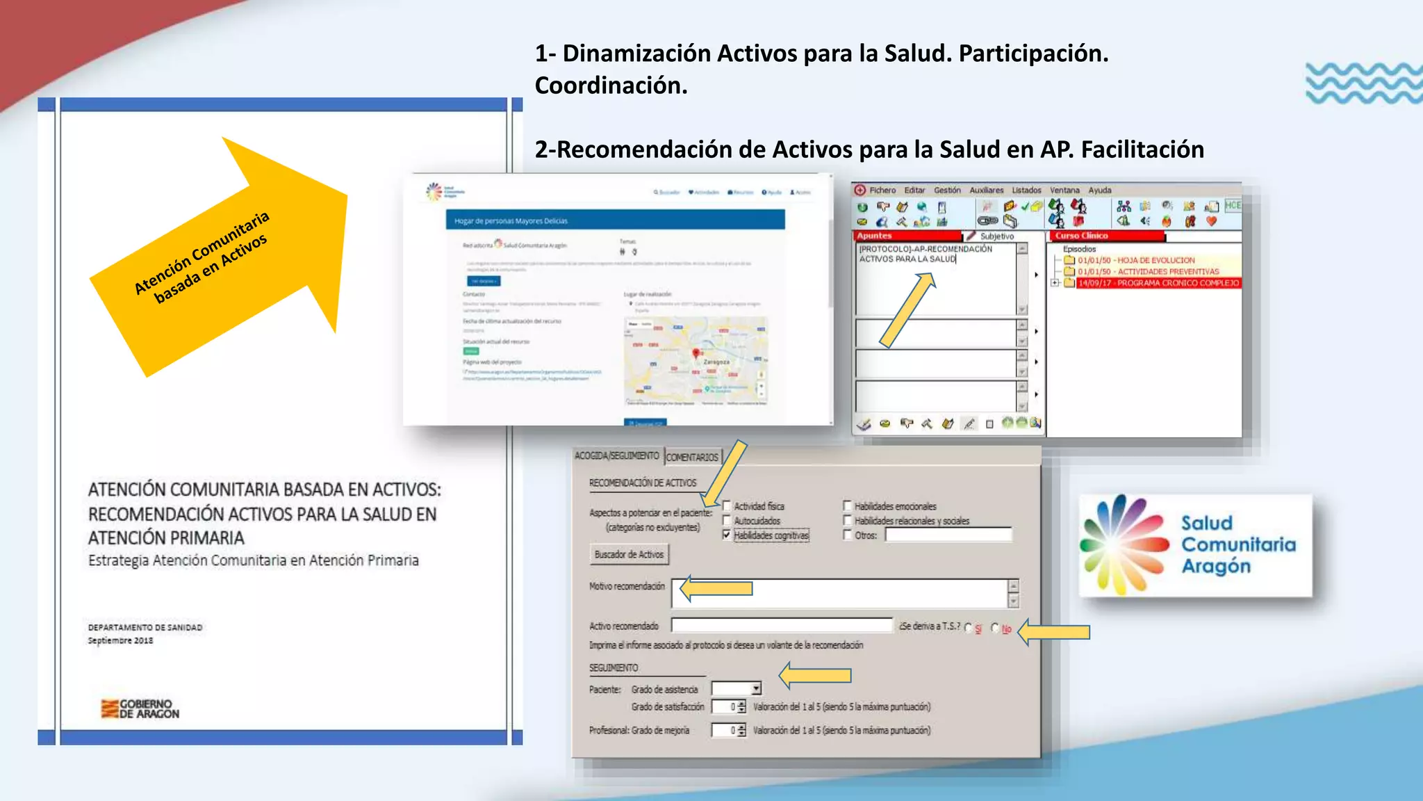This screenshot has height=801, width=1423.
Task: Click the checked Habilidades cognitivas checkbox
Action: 727,535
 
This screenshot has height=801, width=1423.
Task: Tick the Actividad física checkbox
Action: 727,505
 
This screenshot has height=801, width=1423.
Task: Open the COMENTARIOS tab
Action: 692,457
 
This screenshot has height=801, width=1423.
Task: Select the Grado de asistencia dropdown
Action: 737,688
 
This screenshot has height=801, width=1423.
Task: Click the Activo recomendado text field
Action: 782,626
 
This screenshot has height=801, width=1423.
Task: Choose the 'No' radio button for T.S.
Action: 995,628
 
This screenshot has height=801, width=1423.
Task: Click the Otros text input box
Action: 948,535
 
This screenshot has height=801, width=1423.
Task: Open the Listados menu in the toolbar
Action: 1026,190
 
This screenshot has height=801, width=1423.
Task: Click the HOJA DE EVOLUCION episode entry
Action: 1136,260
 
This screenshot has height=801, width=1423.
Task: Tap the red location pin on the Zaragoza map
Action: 696,354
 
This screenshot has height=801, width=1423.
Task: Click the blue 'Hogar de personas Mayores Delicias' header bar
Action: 615,220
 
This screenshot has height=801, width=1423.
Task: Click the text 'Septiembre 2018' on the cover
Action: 120,640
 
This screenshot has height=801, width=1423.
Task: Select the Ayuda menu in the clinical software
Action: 1099,190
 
